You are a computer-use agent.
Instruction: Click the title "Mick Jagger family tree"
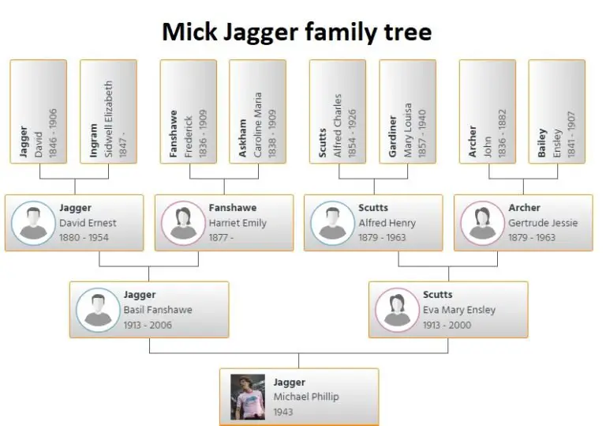coord(297,32)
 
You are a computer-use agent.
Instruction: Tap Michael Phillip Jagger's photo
coord(247,397)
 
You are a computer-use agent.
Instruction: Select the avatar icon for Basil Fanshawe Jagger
coord(97,310)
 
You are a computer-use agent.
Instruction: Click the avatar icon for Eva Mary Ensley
coord(397,310)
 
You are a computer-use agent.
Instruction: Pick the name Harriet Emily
coord(238,223)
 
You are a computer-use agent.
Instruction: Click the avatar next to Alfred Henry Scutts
coord(332,223)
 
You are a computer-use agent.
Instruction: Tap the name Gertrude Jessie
coord(543,223)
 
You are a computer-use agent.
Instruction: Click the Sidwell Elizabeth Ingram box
coord(108,111)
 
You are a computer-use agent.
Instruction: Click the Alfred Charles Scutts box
coord(337,111)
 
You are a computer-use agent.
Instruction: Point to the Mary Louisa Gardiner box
coord(407,111)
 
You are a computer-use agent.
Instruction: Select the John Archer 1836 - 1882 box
coord(487,111)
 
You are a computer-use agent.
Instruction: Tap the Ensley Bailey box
coord(556,111)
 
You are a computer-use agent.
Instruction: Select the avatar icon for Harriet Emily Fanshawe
coord(182,223)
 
